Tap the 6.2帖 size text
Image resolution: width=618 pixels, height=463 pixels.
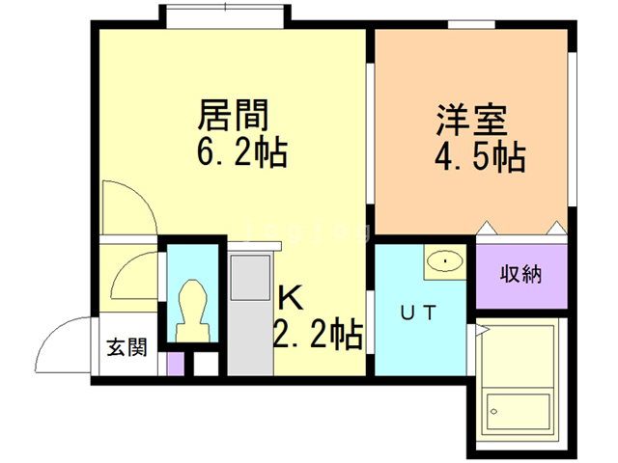tap(241, 152)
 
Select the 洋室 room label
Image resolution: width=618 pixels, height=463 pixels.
tap(471, 123)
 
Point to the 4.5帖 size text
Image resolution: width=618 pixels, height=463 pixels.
tap(480, 156)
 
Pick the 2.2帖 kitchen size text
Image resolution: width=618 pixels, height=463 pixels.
tap(318, 335)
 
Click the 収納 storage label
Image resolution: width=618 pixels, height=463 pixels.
tap(520, 273)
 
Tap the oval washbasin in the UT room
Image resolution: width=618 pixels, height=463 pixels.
tap(445, 259)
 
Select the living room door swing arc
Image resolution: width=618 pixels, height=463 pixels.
tap(127, 202)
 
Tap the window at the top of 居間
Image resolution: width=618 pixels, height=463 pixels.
tap(223, 16)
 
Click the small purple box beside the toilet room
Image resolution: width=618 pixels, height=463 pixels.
tap(175, 365)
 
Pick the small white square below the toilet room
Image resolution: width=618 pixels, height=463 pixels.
tap(206, 365)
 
